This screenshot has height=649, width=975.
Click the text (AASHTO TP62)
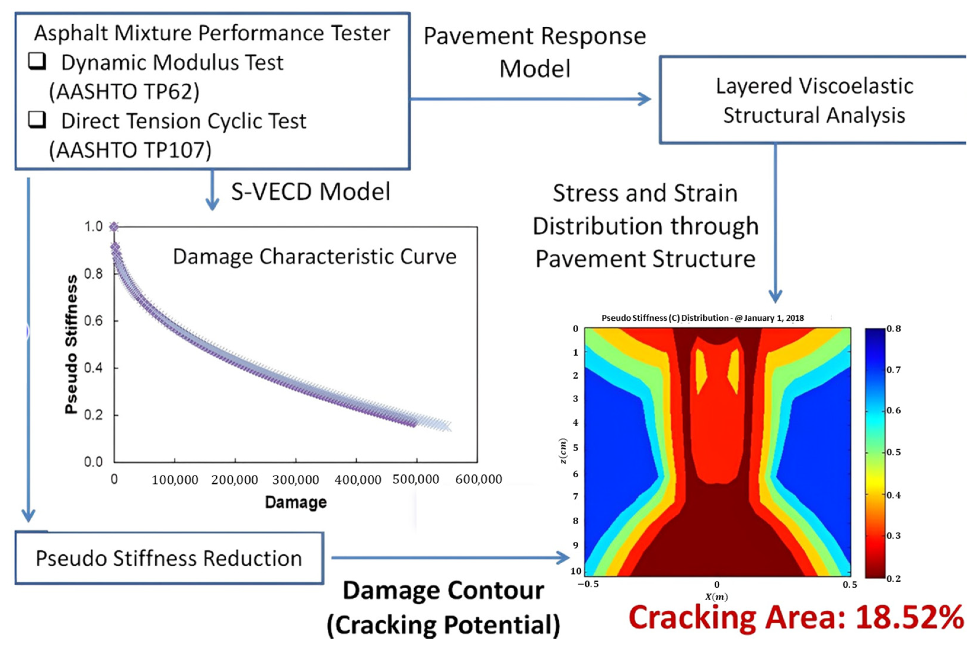click(x=124, y=92)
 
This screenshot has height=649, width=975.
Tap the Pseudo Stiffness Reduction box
click(x=169, y=558)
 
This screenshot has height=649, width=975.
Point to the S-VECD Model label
click(x=310, y=192)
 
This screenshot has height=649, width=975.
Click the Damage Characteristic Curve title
click(x=314, y=257)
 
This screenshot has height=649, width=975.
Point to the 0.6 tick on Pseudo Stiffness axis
click(x=94, y=321)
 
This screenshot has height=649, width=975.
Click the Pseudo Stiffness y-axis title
click(x=71, y=344)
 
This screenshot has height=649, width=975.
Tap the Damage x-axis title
click(x=296, y=502)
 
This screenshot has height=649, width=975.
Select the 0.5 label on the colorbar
click(x=894, y=452)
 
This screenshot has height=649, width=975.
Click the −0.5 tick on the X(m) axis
click(x=588, y=584)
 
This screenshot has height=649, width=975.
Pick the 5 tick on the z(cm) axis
click(x=575, y=448)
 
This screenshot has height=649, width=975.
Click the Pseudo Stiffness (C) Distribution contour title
click(x=702, y=318)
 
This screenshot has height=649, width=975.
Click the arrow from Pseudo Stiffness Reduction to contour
click(x=451, y=557)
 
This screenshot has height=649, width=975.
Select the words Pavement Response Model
click(x=535, y=52)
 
